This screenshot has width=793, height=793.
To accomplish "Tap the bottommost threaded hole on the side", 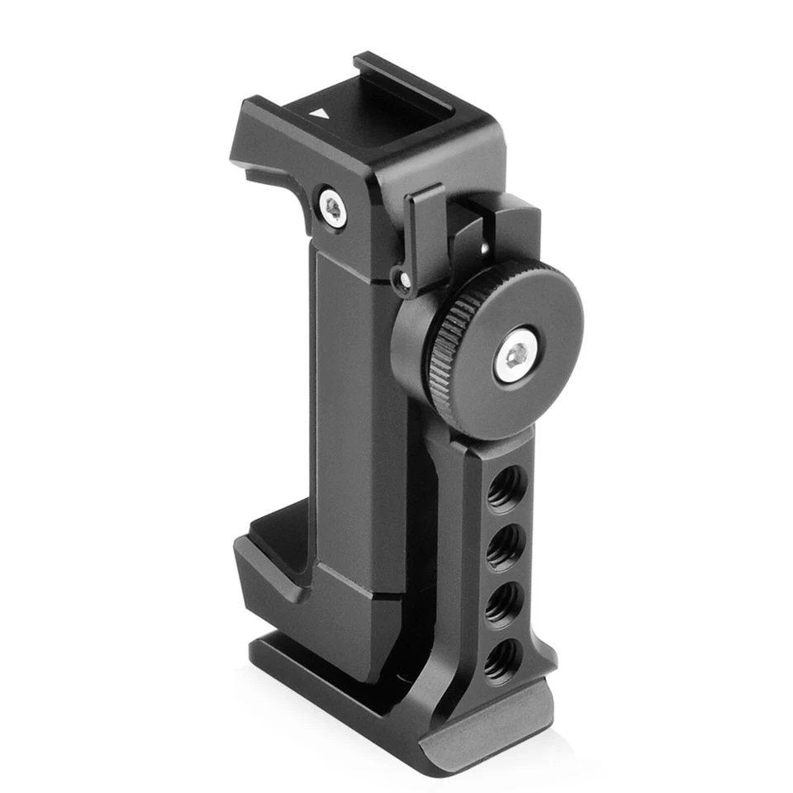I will [x=500, y=662].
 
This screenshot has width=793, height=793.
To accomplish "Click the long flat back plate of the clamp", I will [x=355, y=430].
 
